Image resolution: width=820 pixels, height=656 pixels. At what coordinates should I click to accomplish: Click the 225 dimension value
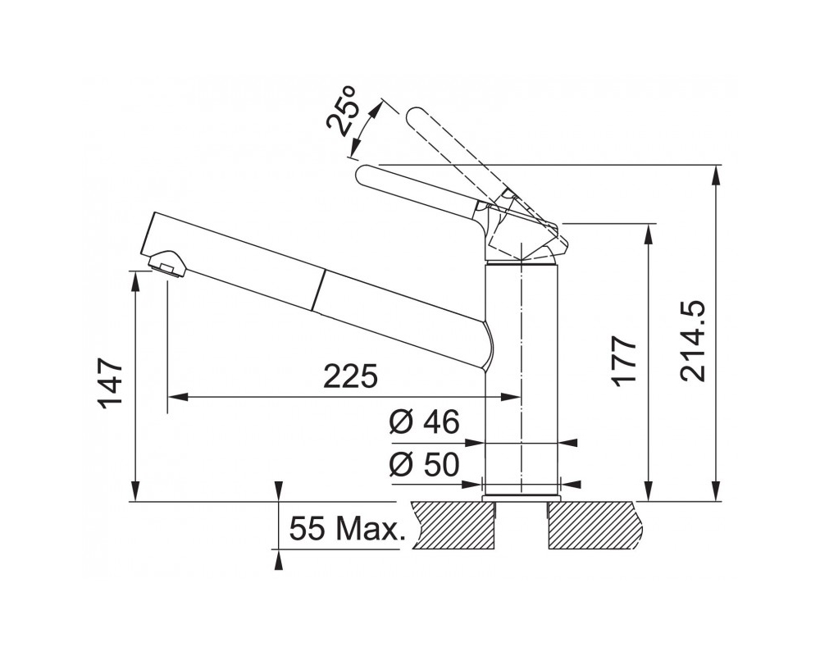pos(350,376)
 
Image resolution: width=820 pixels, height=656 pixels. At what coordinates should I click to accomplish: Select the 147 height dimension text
pos(111,383)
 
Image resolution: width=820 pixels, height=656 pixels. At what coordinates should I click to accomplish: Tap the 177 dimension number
pos(626,361)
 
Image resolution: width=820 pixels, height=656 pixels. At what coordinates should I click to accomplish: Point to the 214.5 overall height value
pos(694,340)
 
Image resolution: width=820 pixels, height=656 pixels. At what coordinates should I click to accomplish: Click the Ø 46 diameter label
pos(425,421)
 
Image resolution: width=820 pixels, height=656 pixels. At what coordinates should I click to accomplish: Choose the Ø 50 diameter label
pos(425,464)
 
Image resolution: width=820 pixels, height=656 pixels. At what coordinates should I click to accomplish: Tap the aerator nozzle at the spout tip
pos(167,262)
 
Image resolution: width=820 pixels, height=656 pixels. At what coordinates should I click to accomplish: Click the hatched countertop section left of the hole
pos(453,526)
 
